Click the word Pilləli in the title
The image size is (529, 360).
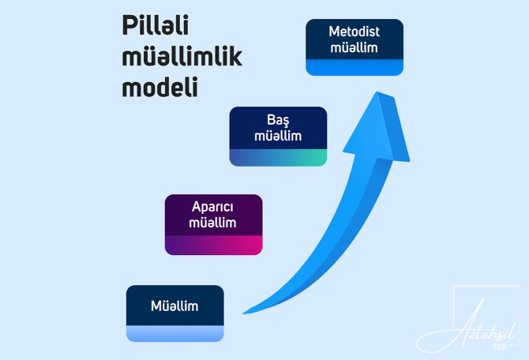(156, 25)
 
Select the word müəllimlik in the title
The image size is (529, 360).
(182, 56)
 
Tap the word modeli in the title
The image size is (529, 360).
(159, 87)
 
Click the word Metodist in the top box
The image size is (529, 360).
(355, 32)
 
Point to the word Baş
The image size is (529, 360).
(278, 120)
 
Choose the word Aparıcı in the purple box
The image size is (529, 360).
(212, 207)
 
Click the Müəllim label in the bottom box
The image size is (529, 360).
(174, 306)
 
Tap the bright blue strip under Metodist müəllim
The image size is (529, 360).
(355, 67)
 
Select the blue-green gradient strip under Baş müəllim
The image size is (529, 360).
(279, 158)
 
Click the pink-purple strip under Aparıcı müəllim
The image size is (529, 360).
(213, 246)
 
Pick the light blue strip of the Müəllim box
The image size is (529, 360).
(175, 334)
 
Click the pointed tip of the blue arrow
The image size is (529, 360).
(377, 92)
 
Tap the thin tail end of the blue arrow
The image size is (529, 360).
(244, 313)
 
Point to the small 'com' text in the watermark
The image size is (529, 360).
(500, 347)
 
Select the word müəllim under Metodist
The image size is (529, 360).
(355, 47)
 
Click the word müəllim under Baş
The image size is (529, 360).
(278, 136)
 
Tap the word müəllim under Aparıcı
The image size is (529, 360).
(212, 223)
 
